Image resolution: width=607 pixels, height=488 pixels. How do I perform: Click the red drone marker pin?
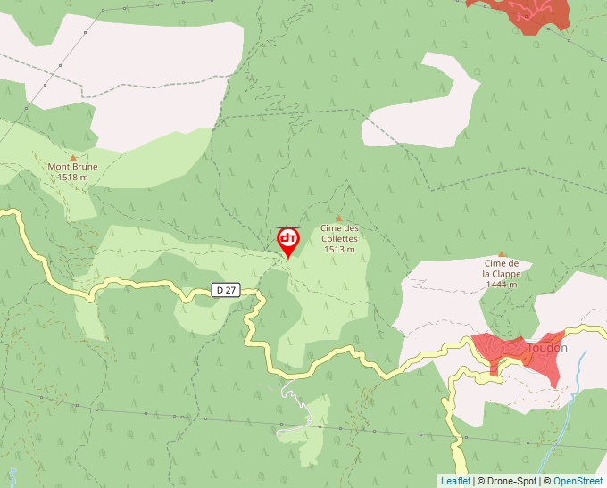(288, 242)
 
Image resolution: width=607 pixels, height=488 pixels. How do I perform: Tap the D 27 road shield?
(226, 289)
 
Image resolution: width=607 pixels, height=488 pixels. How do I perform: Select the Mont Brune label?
(72, 167)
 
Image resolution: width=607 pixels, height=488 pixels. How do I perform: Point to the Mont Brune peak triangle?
(73, 157)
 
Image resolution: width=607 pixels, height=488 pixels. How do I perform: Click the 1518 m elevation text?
(72, 177)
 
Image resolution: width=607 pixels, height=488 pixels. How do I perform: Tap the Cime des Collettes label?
(339, 233)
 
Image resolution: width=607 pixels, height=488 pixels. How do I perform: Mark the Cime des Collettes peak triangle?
(338, 218)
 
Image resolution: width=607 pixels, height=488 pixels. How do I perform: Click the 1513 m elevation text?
(339, 249)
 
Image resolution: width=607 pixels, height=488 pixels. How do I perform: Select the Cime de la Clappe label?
(502, 269)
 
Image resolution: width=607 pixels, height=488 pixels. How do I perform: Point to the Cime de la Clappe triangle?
(502, 253)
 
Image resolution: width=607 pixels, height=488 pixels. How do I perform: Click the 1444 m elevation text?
(502, 284)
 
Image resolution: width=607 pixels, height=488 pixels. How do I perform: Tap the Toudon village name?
(547, 347)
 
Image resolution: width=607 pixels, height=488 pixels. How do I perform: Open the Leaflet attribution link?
(455, 481)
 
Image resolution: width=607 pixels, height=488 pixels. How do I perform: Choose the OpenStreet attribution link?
(578, 481)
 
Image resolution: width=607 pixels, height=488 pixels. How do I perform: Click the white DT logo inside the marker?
(288, 238)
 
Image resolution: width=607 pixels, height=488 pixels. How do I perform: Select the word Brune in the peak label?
(84, 167)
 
